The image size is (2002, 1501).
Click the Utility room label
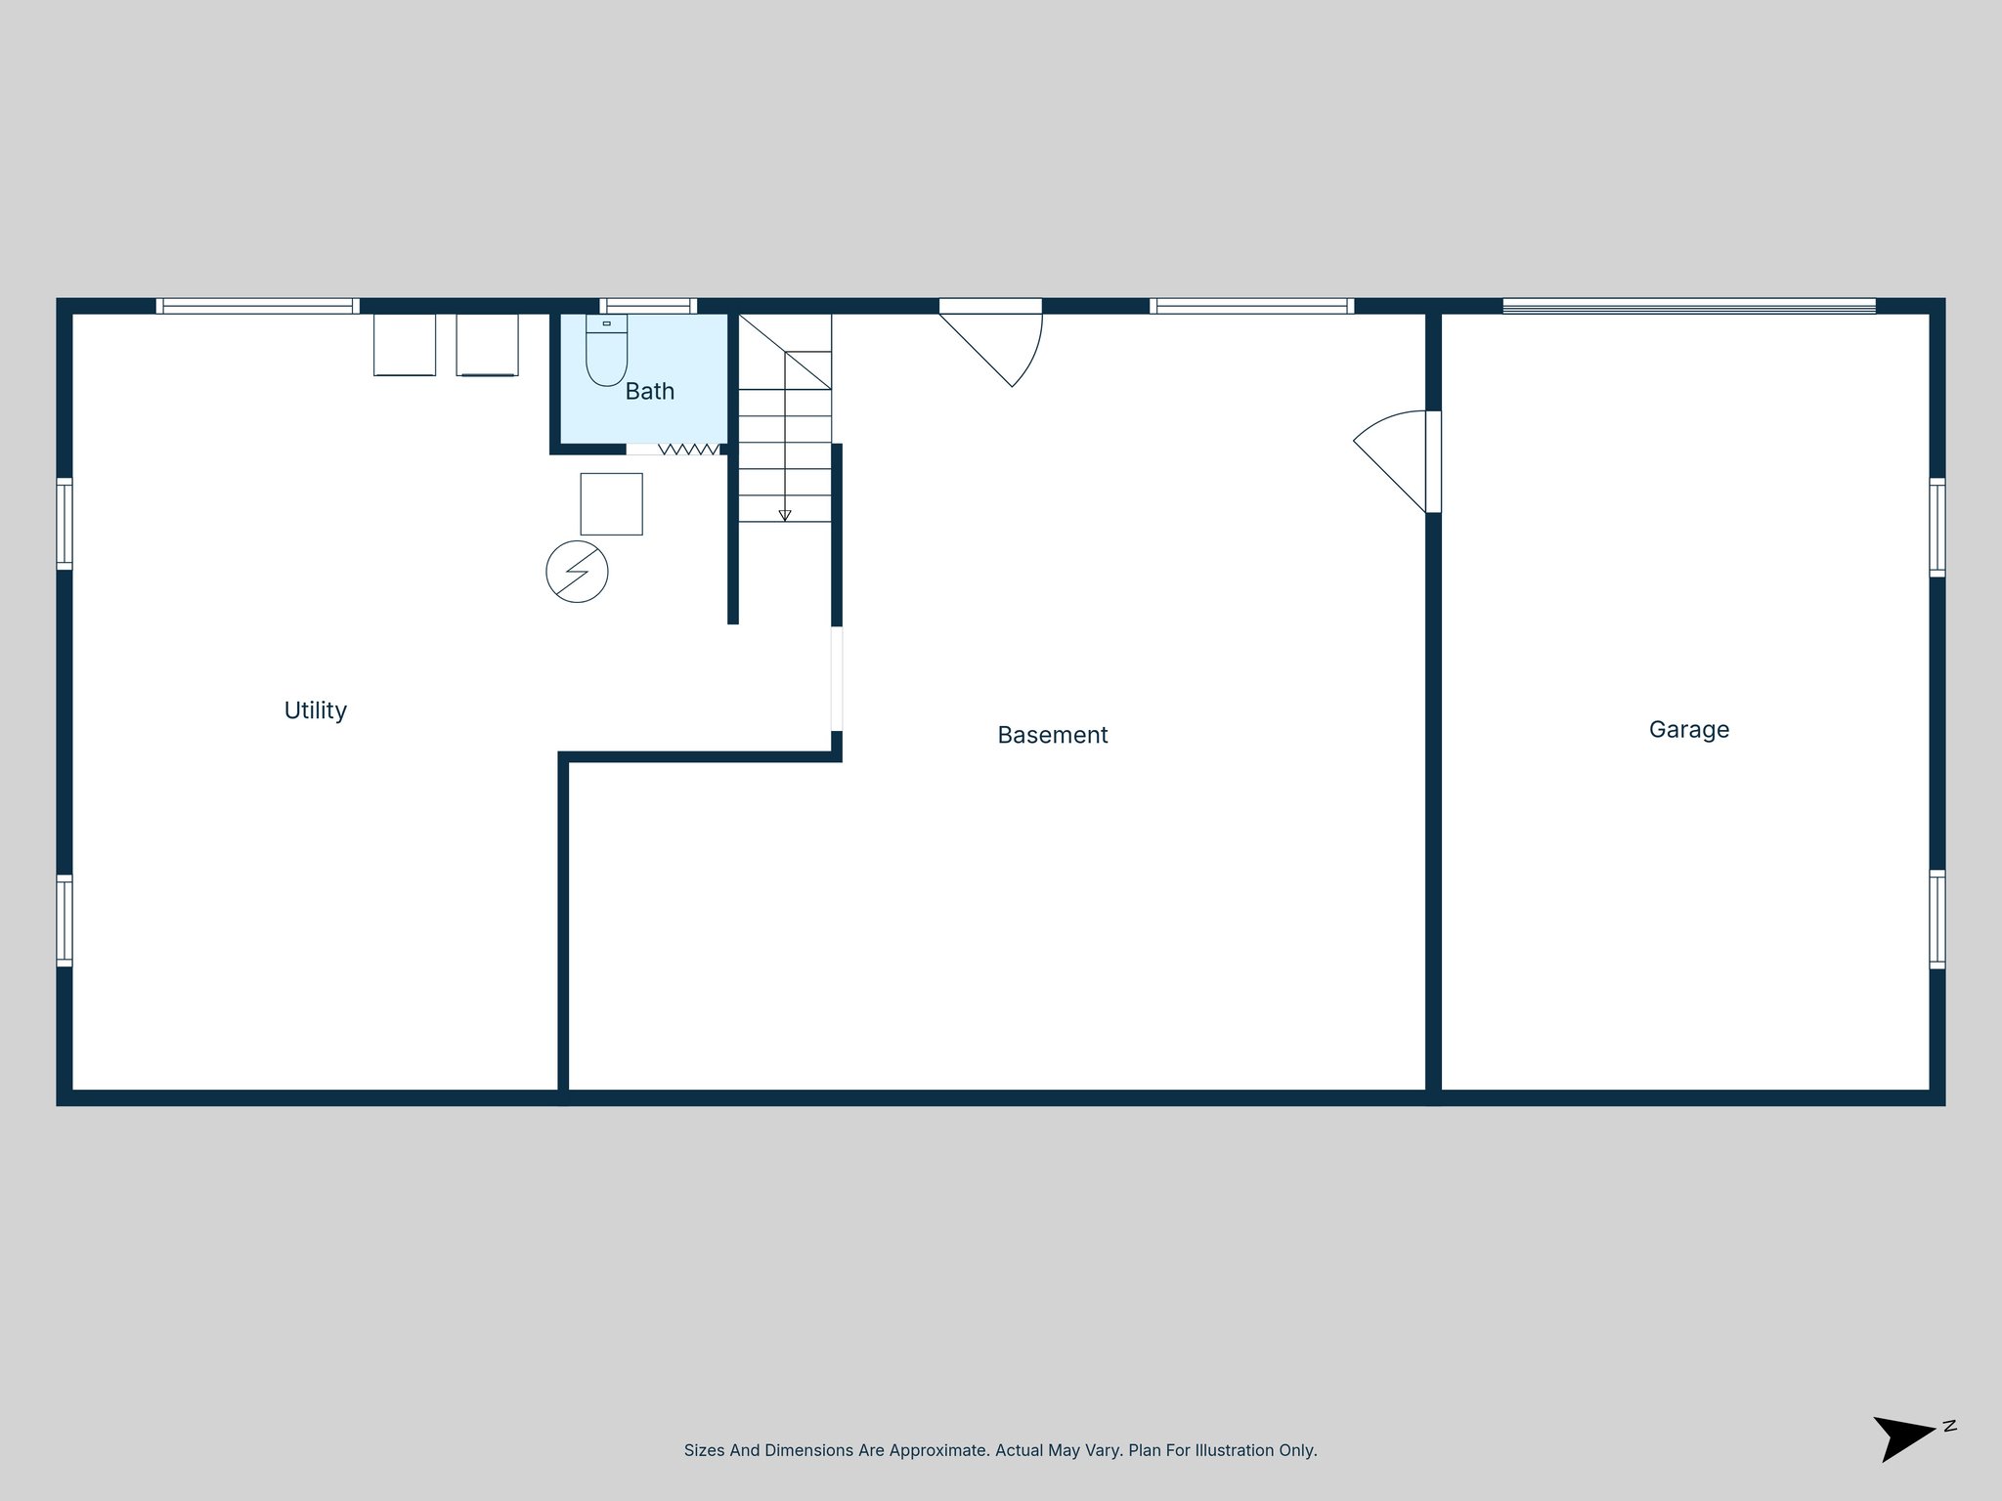click(x=315, y=710)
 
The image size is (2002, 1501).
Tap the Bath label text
click(x=649, y=392)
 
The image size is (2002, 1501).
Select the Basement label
click(x=1052, y=735)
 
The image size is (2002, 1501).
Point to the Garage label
click(x=1688, y=730)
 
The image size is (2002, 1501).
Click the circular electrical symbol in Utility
click(x=577, y=572)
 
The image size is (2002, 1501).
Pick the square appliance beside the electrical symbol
click(x=611, y=504)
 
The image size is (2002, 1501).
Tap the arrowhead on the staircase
click(x=785, y=515)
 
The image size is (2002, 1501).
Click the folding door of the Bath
click(x=687, y=450)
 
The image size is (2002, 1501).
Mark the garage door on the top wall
click(x=1688, y=306)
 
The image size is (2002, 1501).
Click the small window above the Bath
click(x=648, y=306)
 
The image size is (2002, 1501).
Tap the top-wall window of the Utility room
click(x=257, y=306)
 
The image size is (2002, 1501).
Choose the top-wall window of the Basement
click(x=1251, y=306)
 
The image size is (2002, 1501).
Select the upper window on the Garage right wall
click(x=1937, y=528)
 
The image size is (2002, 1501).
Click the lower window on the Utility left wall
click(x=65, y=921)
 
